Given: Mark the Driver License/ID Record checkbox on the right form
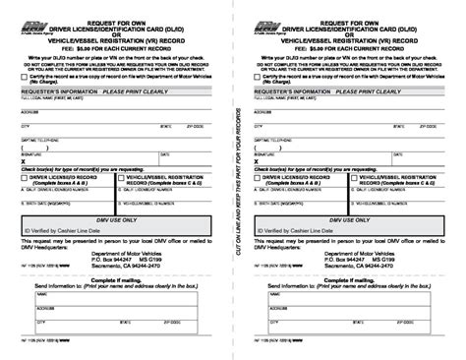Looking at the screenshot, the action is pyautogui.click(x=258, y=178).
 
